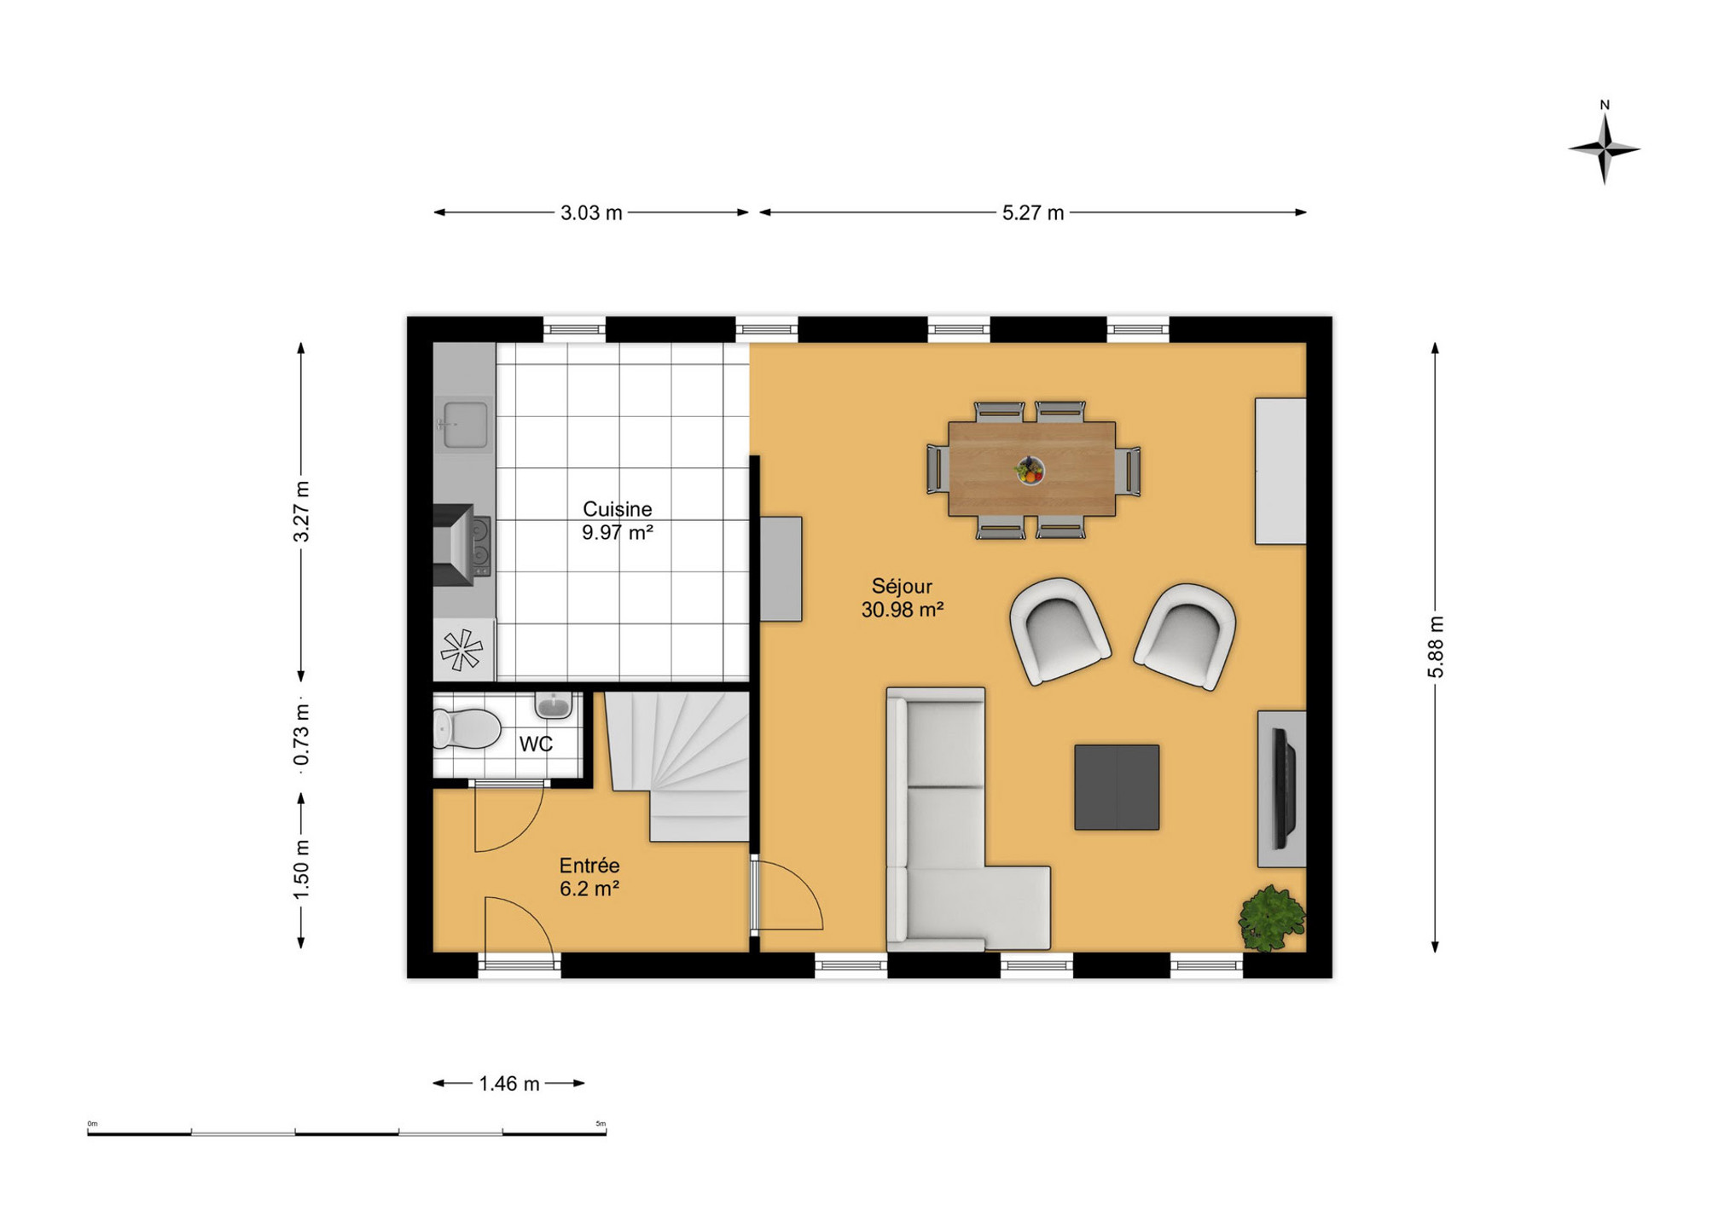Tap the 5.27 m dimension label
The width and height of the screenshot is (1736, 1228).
tap(1033, 213)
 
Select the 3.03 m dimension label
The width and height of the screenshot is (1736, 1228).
tap(591, 213)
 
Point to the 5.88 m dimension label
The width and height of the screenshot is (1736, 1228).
tap(1436, 646)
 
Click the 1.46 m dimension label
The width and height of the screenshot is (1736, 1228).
tap(509, 1084)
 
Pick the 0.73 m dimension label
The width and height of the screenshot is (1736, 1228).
tap(301, 735)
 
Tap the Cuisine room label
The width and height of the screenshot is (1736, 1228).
tap(618, 509)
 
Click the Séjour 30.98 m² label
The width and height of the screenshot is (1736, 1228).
tap(903, 598)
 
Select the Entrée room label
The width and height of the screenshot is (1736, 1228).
tap(589, 866)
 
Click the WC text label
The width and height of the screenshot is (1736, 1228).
tap(536, 744)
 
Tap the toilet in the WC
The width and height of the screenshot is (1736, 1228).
tap(467, 728)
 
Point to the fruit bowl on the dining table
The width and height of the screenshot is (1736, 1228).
tap(1031, 470)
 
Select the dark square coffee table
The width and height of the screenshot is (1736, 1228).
tap(1117, 787)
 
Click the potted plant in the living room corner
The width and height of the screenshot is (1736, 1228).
tap(1272, 918)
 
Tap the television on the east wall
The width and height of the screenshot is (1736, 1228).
tap(1283, 788)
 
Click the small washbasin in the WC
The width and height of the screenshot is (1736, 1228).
tap(554, 704)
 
